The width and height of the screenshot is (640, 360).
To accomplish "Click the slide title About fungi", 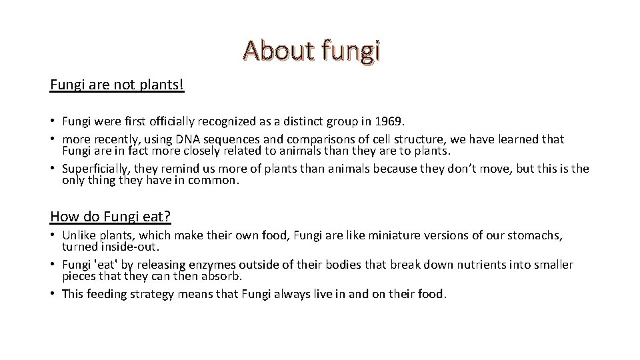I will point(312,51).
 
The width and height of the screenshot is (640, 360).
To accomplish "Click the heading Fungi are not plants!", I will point(117,86).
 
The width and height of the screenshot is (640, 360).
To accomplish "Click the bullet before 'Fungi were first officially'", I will point(53,121).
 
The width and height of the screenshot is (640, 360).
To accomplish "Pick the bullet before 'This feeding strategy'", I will point(53,294).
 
